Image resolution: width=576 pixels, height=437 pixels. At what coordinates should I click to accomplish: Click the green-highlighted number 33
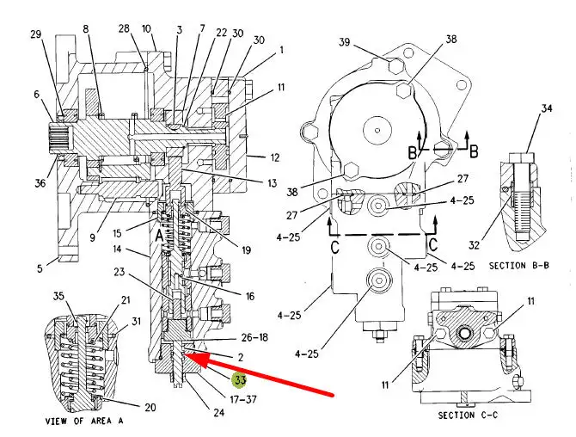[x=240, y=380]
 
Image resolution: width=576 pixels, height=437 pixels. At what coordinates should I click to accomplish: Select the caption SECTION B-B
[x=519, y=265]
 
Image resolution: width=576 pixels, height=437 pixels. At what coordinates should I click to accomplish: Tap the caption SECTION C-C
[x=468, y=415]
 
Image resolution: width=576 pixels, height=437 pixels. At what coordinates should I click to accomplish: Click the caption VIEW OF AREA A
[x=84, y=421]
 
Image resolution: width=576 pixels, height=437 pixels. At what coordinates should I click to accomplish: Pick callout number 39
[x=344, y=42]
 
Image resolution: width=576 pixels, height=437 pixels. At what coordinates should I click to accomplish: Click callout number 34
[x=547, y=108]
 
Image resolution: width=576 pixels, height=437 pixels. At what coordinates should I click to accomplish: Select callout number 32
[x=474, y=245]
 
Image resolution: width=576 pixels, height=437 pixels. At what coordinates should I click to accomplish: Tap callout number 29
[x=36, y=34]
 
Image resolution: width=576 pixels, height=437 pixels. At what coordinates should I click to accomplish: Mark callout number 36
[x=40, y=182]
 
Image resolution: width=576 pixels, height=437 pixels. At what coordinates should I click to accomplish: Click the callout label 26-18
[x=254, y=337]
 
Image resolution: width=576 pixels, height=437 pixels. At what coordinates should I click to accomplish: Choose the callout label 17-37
[x=243, y=399]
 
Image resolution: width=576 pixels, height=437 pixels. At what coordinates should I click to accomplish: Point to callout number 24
[x=219, y=412]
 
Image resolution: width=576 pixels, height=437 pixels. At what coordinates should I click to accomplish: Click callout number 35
[x=58, y=296]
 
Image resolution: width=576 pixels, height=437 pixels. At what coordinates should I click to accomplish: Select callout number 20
[x=150, y=407]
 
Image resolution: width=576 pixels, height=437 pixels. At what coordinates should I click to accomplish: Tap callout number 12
[x=275, y=157]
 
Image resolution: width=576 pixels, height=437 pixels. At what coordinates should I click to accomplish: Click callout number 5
[x=40, y=268]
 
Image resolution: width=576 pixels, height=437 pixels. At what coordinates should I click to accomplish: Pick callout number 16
[x=250, y=296]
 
